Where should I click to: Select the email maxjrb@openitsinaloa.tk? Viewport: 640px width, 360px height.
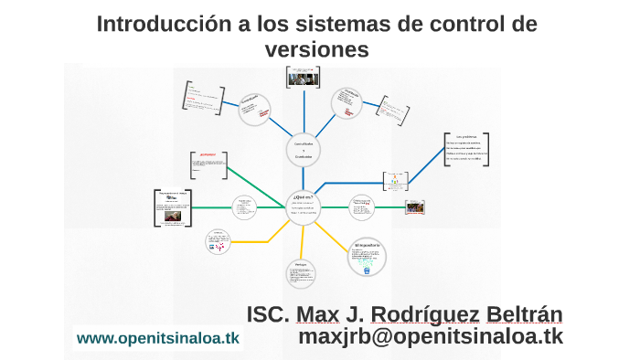pos(431,337)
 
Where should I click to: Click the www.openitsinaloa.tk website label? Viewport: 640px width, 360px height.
pos(158,338)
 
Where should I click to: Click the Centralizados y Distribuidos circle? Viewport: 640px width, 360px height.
pos(303,151)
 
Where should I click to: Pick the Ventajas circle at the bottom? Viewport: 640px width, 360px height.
pos(301,277)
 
